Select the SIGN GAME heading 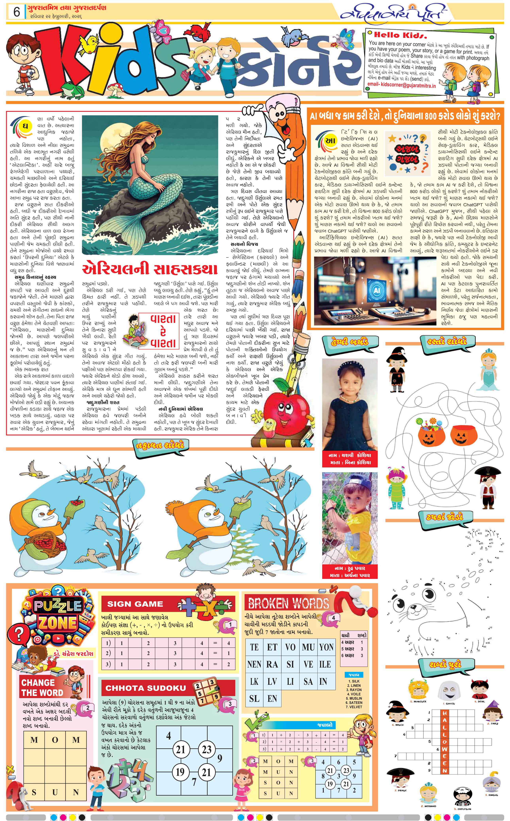coord(135,604)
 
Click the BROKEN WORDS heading coord(288,603)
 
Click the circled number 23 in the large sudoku coord(206,749)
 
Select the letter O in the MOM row coord(55,740)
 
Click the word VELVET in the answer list coord(355,707)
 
